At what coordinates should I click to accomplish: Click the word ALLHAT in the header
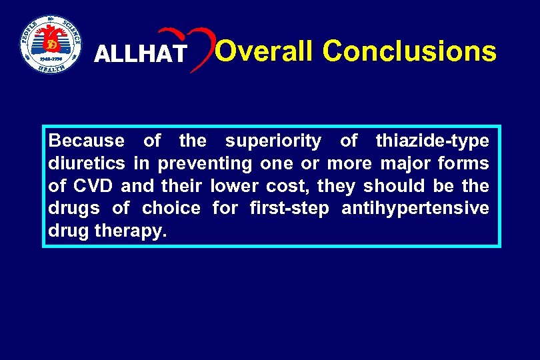click(141, 54)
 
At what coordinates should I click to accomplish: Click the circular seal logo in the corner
click(50, 44)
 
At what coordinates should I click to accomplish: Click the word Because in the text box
click(87, 141)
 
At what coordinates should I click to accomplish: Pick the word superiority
click(273, 141)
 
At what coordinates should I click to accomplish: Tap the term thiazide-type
click(432, 141)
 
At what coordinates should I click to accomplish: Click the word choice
click(171, 209)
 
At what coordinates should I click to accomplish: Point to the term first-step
click(289, 209)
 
